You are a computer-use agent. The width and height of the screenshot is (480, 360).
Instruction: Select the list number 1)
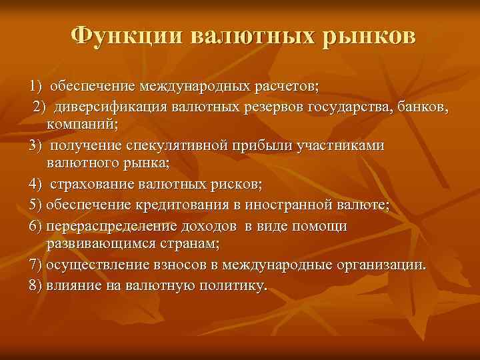(35, 87)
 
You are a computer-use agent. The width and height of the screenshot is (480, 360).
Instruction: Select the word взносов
(179, 265)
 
